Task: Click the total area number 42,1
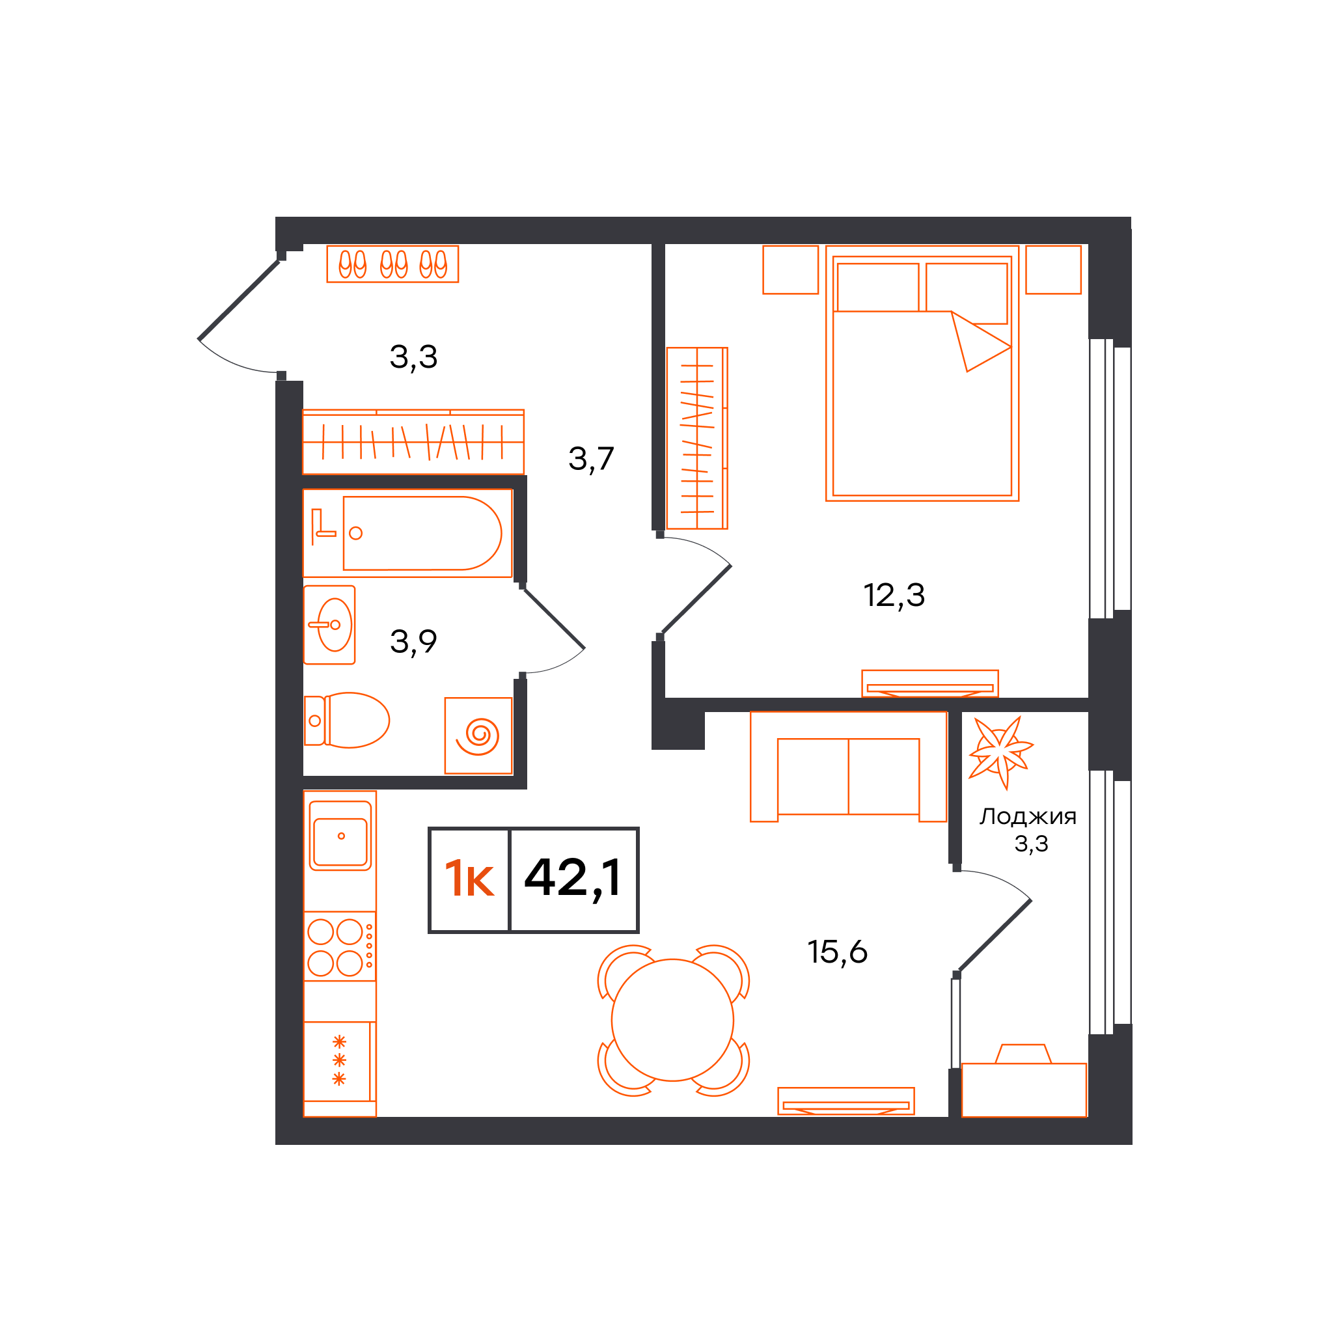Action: (573, 878)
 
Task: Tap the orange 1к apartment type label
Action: (469, 878)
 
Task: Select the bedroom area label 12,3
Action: (894, 595)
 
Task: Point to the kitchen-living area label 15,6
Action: (838, 952)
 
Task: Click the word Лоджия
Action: (1028, 817)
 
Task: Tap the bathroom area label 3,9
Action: (413, 642)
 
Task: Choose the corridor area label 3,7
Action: (591, 459)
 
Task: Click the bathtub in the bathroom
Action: (422, 533)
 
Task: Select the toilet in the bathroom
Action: (347, 721)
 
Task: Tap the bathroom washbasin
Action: (330, 625)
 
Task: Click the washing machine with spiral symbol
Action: (478, 735)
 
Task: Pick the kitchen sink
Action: (340, 836)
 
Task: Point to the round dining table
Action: (673, 1020)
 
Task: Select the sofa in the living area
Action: (849, 767)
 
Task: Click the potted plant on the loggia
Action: (1000, 751)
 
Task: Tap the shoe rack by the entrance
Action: (392, 264)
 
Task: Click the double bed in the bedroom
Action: (922, 373)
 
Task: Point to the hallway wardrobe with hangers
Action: (413, 441)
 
